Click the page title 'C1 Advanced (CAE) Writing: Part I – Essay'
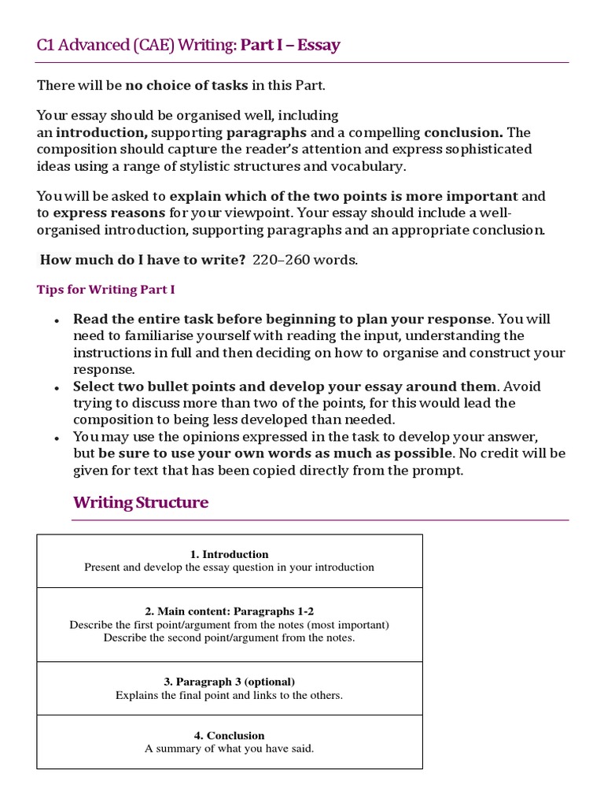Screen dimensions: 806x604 pyautogui.click(x=189, y=45)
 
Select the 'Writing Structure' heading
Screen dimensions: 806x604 pyautogui.click(x=141, y=502)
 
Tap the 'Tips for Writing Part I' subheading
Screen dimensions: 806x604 pyautogui.click(x=106, y=290)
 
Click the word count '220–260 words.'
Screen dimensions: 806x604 pyautogui.click(x=305, y=261)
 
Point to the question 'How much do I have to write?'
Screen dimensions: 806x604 pyautogui.click(x=143, y=261)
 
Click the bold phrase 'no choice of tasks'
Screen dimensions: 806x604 pyautogui.click(x=186, y=85)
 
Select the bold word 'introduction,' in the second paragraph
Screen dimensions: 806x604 pyautogui.click(x=101, y=131)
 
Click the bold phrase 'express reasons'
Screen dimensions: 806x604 pyautogui.click(x=109, y=213)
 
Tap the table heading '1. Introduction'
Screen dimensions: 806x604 pyautogui.click(x=229, y=554)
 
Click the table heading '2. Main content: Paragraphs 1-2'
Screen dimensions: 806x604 pyautogui.click(x=229, y=611)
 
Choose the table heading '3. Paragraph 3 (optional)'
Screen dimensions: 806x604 pyautogui.click(x=229, y=682)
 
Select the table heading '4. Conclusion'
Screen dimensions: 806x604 pyautogui.click(x=229, y=735)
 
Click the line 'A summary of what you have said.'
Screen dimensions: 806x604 pyautogui.click(x=229, y=749)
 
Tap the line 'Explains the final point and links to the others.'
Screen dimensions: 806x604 pyautogui.click(x=229, y=695)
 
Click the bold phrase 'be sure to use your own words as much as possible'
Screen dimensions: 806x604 pyautogui.click(x=276, y=453)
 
